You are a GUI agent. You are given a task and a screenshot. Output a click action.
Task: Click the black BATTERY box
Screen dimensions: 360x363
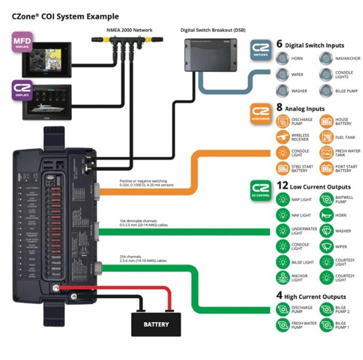(x=156, y=324)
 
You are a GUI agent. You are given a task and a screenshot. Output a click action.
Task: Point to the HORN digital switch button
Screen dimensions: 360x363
(x=282, y=58)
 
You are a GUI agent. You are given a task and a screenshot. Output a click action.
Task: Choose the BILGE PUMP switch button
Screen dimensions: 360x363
(x=326, y=90)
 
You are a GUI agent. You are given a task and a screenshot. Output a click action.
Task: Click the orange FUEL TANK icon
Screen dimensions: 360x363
(x=326, y=137)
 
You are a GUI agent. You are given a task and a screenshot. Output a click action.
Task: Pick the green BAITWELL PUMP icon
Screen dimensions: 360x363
(x=326, y=199)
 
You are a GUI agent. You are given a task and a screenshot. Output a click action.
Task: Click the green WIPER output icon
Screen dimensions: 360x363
(x=326, y=246)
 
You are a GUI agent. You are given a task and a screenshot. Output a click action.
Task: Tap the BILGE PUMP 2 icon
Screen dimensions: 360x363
(x=326, y=310)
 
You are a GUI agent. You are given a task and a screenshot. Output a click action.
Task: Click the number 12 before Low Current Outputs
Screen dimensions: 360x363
(x=282, y=186)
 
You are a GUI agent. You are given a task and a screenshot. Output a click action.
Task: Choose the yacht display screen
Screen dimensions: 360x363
(x=47, y=102)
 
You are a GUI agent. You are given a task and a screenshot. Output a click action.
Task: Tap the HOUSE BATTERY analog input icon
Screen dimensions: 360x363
(x=326, y=121)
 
